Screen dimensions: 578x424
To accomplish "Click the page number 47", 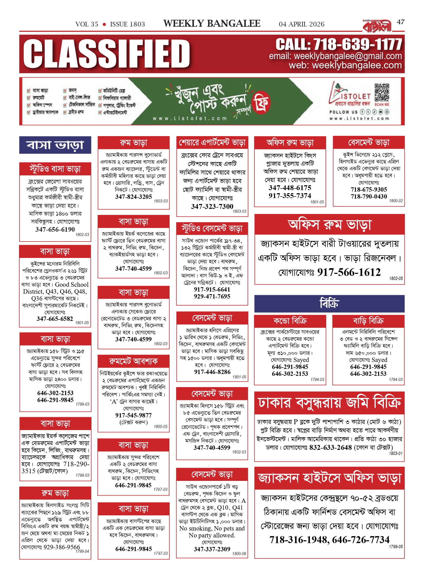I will tap(400, 22).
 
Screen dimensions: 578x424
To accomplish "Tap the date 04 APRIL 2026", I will tap(301, 24).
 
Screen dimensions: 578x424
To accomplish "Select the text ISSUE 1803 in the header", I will tap(127, 24).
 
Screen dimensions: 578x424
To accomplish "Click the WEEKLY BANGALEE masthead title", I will tap(212, 24).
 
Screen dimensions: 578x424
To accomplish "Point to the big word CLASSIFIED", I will tap(107, 54).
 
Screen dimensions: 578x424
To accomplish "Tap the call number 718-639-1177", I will tap(357, 44).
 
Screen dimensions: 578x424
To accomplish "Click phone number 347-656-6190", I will tap(55, 229).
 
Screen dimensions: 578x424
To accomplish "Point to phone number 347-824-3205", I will tap(134, 197).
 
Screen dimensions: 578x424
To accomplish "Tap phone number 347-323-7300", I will tap(212, 207).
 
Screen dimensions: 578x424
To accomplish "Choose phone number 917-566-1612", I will tap(349, 272).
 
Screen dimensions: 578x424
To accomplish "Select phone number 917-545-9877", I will tap(133, 415).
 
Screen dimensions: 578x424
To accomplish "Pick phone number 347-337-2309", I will tap(212, 549).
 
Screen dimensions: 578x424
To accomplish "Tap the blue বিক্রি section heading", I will tap(329, 304).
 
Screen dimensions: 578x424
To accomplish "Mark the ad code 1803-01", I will tap(395, 453).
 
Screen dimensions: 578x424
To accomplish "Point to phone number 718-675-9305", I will tap(369, 190).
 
